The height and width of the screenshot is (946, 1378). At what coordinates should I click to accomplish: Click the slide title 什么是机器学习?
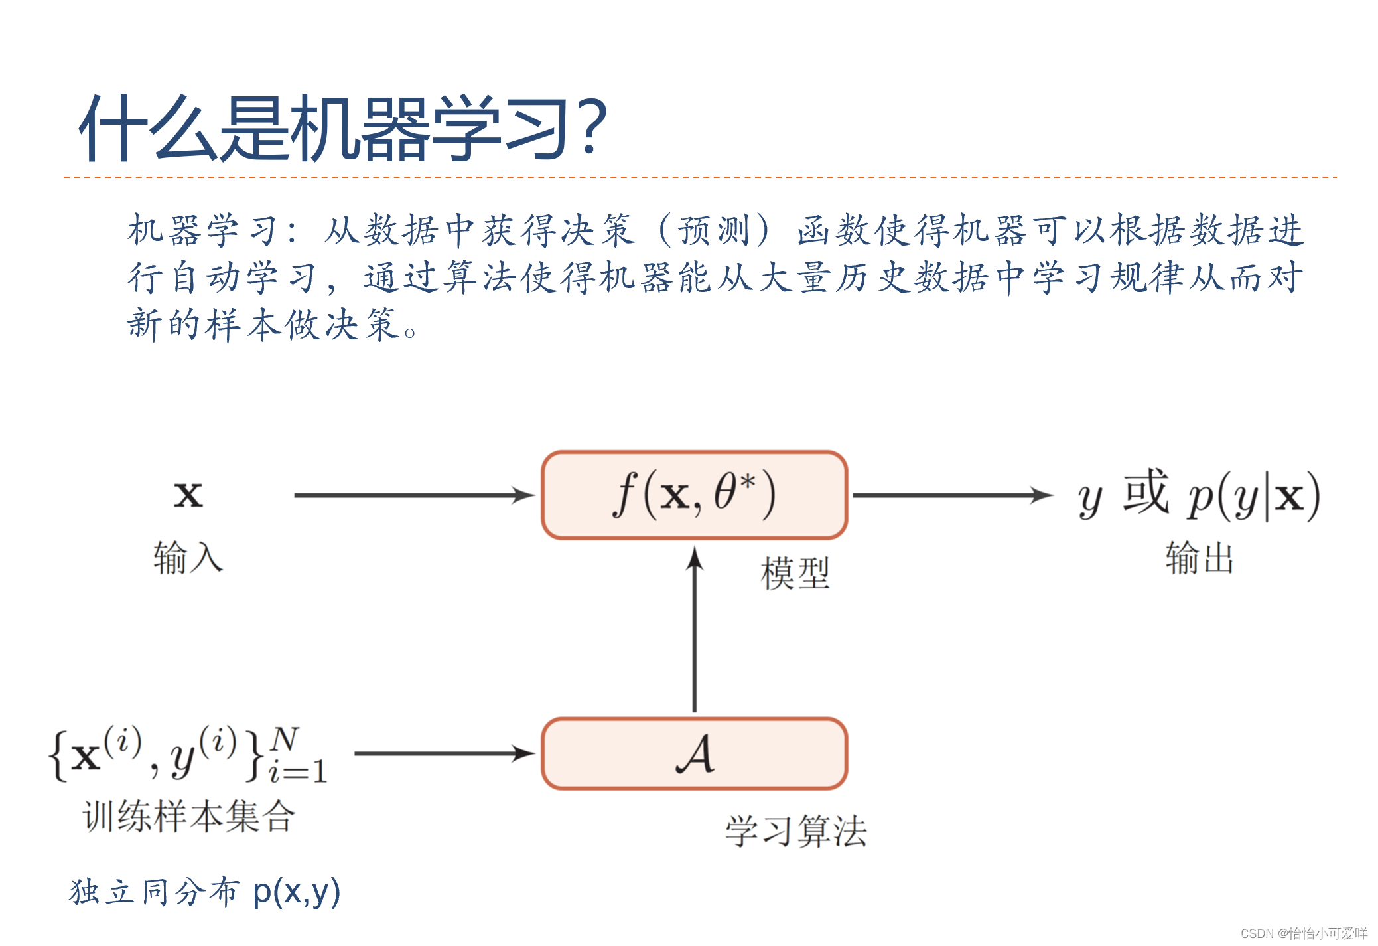coord(342,128)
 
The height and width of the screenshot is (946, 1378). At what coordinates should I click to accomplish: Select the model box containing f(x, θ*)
coord(694,495)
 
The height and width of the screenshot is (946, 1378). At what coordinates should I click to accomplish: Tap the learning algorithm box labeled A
coord(694,753)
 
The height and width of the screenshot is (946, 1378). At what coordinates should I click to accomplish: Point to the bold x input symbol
coord(188,495)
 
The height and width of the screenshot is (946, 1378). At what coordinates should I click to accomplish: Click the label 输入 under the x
coord(188,557)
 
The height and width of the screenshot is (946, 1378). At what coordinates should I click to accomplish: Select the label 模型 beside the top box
coord(795,573)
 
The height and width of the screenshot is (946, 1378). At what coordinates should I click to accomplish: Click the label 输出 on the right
coord(1200,558)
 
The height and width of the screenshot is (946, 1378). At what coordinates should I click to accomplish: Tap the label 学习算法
coord(795,831)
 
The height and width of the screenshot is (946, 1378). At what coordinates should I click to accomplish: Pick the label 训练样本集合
coord(188,816)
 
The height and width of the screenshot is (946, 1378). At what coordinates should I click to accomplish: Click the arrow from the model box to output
coord(951,495)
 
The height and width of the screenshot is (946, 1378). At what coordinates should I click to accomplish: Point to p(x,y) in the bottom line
coord(297,892)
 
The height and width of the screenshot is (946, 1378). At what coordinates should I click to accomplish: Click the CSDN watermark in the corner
coord(1303,933)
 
